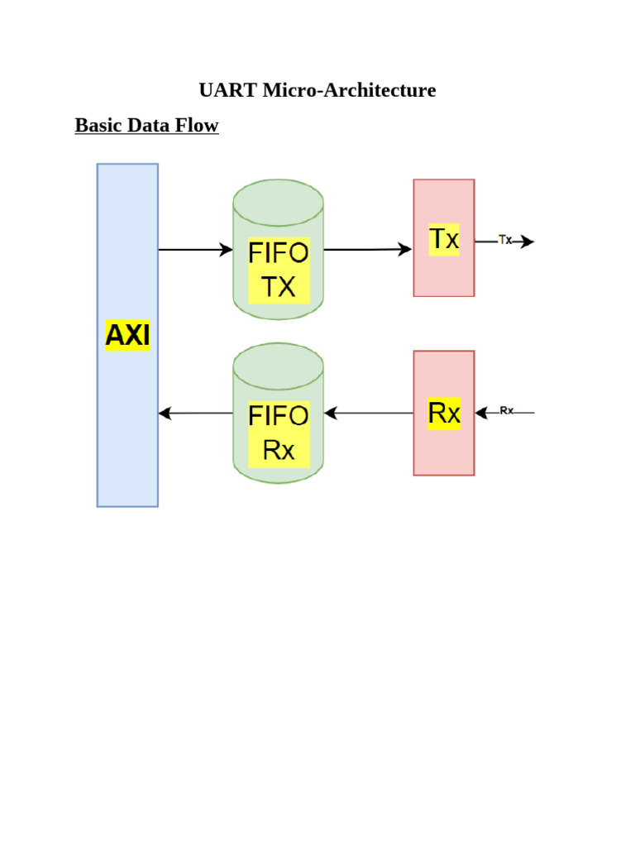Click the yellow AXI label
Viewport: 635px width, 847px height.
(x=127, y=336)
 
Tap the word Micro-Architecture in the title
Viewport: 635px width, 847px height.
(x=349, y=90)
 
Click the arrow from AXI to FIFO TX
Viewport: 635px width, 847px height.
(x=195, y=250)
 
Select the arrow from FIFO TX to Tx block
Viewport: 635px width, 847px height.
(x=368, y=249)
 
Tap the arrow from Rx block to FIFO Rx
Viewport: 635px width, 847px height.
(x=369, y=413)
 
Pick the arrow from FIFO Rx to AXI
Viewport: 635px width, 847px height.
(x=195, y=413)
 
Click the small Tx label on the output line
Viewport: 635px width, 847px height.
(x=505, y=240)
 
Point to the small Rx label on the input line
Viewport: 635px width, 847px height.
(x=506, y=410)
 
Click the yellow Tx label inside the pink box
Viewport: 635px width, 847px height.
(x=444, y=239)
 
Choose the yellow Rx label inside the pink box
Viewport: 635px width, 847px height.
(x=444, y=413)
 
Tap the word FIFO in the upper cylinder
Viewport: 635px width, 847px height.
(x=279, y=253)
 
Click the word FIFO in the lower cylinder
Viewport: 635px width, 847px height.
(x=279, y=415)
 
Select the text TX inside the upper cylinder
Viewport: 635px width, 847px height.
(x=279, y=287)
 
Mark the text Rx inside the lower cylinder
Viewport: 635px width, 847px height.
(x=279, y=451)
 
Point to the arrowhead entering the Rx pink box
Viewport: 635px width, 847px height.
(x=481, y=413)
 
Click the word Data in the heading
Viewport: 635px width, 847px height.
(x=146, y=126)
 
